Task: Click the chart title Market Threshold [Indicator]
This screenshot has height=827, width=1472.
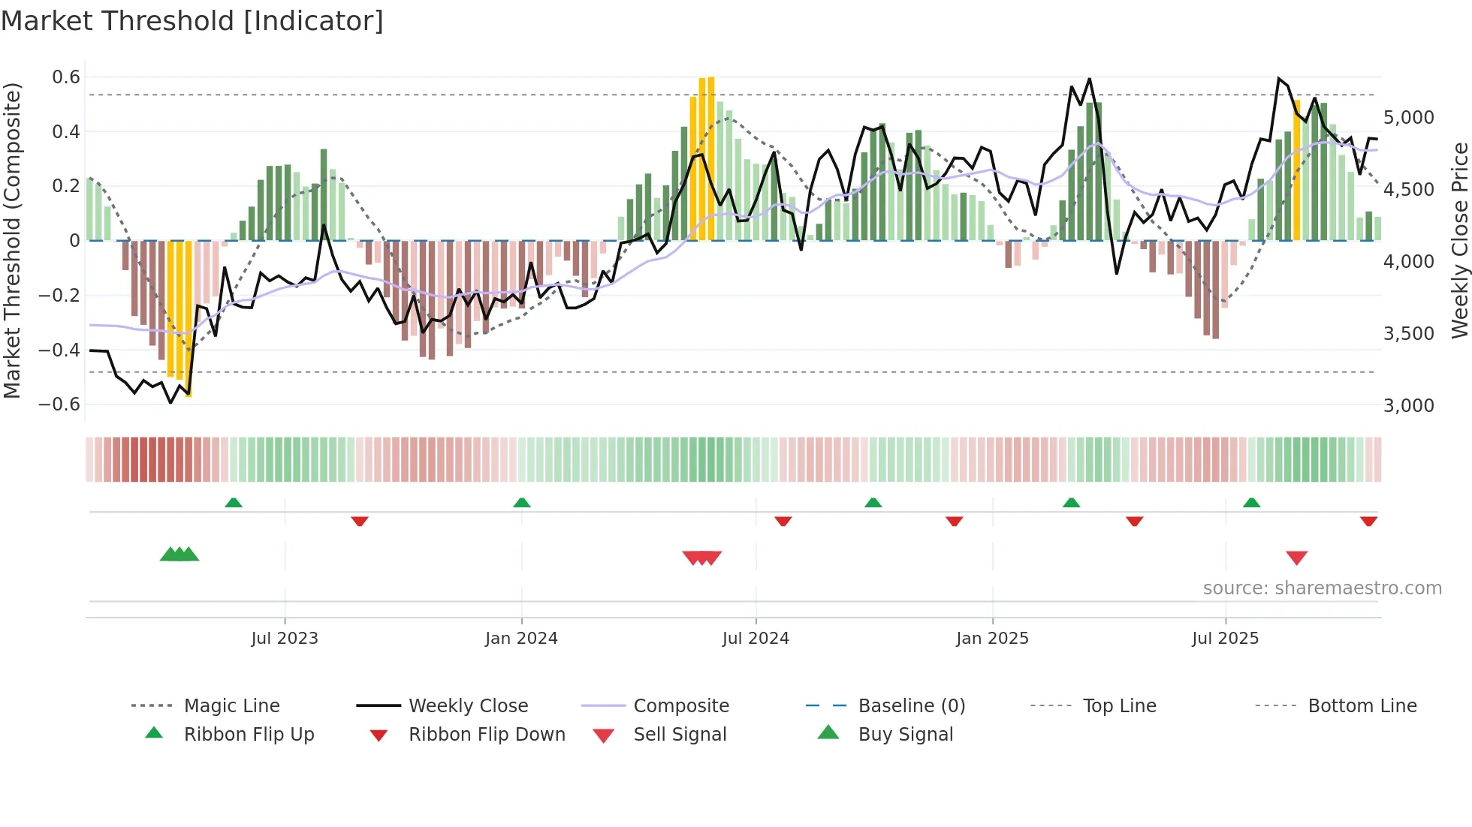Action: pos(192,21)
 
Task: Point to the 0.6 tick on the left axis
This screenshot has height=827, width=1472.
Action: pos(66,77)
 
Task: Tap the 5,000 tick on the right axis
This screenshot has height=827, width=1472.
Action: pos(1408,118)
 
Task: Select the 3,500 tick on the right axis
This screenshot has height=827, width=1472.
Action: pos(1408,334)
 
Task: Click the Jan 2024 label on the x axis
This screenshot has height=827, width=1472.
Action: pos(521,639)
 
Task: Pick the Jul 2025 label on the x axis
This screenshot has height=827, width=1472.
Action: pos(1225,639)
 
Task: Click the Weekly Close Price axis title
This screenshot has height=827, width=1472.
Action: pos(1459,240)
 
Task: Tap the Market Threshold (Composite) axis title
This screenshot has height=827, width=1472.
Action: pos(12,240)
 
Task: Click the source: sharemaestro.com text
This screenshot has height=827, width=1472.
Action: pos(1322,588)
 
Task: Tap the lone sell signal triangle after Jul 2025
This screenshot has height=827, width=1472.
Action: pos(1296,558)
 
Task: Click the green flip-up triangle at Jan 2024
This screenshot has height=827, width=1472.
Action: pos(522,503)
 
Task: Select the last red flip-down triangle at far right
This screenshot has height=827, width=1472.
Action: pos(1368,521)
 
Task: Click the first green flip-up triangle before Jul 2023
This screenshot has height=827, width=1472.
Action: pos(234,503)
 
